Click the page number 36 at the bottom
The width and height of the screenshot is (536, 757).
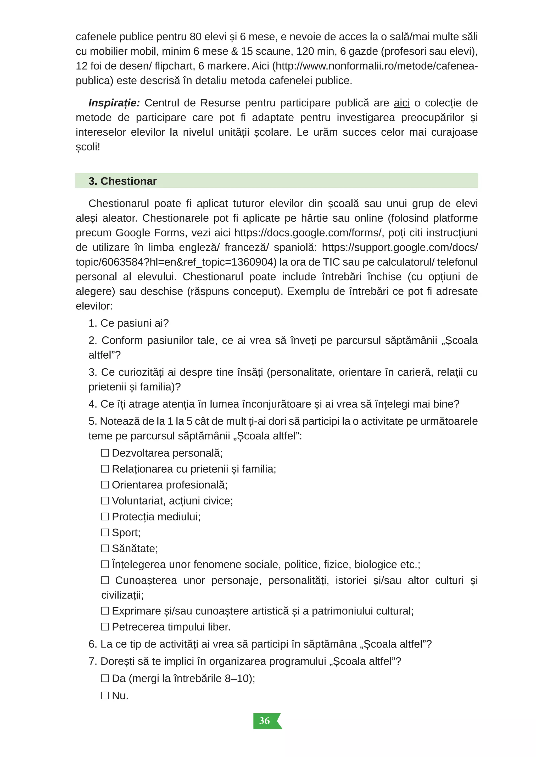coord(264,721)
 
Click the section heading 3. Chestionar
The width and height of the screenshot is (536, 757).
coord(122,181)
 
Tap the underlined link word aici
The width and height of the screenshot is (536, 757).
coord(402,103)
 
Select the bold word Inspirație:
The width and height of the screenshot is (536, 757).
coord(114,103)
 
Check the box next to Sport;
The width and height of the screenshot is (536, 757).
coord(105,532)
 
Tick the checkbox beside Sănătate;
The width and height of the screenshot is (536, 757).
coord(105,548)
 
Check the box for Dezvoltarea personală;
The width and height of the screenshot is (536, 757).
coord(105,453)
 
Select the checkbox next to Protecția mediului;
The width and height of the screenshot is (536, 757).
coord(105,516)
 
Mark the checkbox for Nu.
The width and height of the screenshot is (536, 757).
coord(105,695)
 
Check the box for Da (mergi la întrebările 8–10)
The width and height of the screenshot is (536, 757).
coord(105,678)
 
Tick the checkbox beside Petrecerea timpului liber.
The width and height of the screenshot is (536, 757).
coord(105,627)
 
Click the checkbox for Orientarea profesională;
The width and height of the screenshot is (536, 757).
coord(105,485)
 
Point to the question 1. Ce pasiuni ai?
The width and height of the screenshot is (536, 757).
coord(129,323)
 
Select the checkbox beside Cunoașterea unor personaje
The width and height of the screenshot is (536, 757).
coord(105,580)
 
